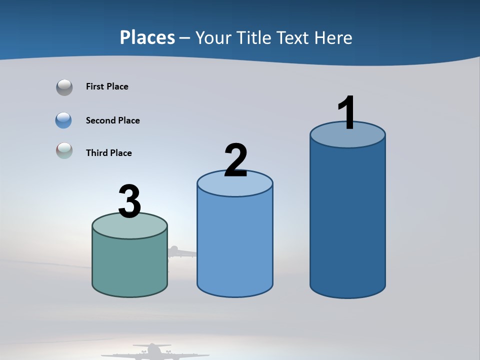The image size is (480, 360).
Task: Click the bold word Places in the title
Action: pyautogui.click(x=147, y=37)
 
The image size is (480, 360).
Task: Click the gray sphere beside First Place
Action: pyautogui.click(x=64, y=87)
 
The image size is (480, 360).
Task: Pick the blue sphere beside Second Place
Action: pyautogui.click(x=64, y=120)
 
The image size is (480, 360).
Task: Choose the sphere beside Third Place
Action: pyautogui.click(x=64, y=150)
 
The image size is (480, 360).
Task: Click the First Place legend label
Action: pyautogui.click(x=107, y=86)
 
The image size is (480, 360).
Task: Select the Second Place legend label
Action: pyautogui.click(x=112, y=120)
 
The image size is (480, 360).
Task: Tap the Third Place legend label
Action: pyautogui.click(x=108, y=153)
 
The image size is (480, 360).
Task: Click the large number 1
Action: pyautogui.click(x=346, y=113)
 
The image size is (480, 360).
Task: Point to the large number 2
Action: pyautogui.click(x=235, y=160)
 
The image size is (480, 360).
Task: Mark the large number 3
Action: pyautogui.click(x=129, y=202)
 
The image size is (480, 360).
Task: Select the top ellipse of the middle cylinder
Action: pyautogui.click(x=235, y=184)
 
